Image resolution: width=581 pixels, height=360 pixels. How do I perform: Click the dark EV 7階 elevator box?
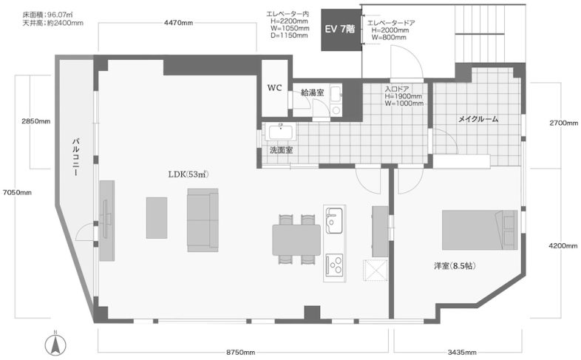tap(341, 30)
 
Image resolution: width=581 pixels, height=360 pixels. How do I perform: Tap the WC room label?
tap(274, 88)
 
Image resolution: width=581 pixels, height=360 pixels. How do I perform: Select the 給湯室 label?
tap(313, 92)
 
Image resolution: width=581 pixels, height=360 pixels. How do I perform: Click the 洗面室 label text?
tap(281, 150)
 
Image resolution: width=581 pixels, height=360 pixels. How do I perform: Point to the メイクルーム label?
tap(478, 119)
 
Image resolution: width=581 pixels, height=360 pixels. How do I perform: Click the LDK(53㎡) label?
tap(188, 174)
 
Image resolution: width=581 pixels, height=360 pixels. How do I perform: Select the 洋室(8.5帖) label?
tap(455, 266)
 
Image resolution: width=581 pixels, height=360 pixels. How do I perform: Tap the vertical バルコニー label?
tap(76, 157)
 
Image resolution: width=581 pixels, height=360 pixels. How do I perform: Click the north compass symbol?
tap(55, 344)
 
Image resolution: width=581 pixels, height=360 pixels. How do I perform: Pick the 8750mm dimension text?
tap(240, 352)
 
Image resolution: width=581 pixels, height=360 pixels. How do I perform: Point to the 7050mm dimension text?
tap(17, 193)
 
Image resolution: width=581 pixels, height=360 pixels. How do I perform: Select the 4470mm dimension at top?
tap(178, 23)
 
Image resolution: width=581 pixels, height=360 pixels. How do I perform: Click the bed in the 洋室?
tap(480, 230)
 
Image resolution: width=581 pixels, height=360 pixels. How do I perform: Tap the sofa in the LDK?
tap(203, 220)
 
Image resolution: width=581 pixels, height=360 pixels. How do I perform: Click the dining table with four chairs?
tap(296, 240)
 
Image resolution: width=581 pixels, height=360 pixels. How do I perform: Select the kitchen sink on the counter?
tap(334, 221)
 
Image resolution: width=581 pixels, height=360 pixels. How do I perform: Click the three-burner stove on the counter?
tap(334, 265)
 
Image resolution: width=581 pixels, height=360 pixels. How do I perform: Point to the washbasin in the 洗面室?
tap(280, 132)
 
